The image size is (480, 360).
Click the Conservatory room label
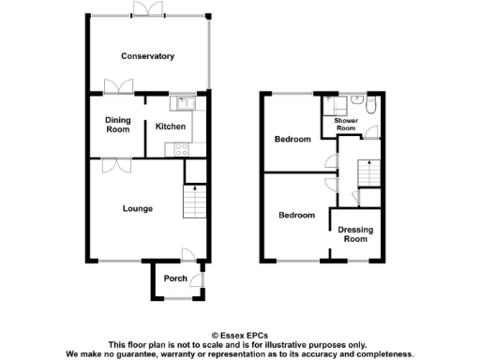(147, 56)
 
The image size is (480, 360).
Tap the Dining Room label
(117, 126)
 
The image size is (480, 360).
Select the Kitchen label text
(170, 127)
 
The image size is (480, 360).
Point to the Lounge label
(137, 208)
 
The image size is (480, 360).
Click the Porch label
(174, 278)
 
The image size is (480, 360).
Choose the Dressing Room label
(352, 234)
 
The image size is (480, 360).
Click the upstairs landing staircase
(369, 173)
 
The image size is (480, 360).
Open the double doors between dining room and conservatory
(118, 87)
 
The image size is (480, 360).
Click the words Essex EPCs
(239, 335)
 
